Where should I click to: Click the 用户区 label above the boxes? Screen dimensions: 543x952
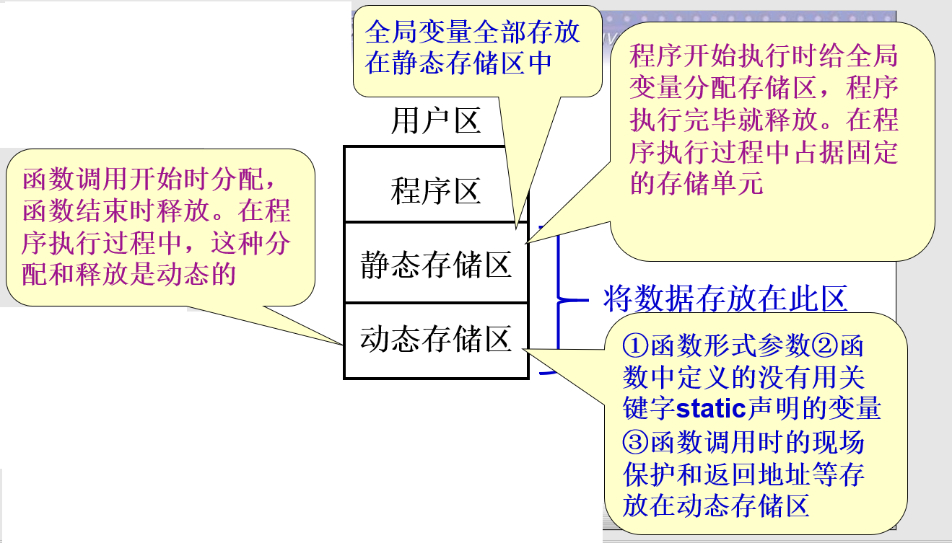435,120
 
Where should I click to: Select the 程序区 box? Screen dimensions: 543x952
435,191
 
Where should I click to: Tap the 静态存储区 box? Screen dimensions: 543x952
435,265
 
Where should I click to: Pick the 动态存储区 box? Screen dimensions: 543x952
435,339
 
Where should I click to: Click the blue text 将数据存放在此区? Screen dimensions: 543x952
724,299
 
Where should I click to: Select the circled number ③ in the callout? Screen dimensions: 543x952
634,441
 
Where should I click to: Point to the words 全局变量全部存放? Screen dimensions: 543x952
472,32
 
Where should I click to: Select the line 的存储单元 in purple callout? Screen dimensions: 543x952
696,183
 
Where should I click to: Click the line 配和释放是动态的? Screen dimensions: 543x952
130,275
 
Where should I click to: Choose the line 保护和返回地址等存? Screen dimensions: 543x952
743,473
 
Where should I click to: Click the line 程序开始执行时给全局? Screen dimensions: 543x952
764,57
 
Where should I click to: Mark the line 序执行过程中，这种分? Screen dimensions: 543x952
156,243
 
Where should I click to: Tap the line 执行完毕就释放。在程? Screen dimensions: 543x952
764,120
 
